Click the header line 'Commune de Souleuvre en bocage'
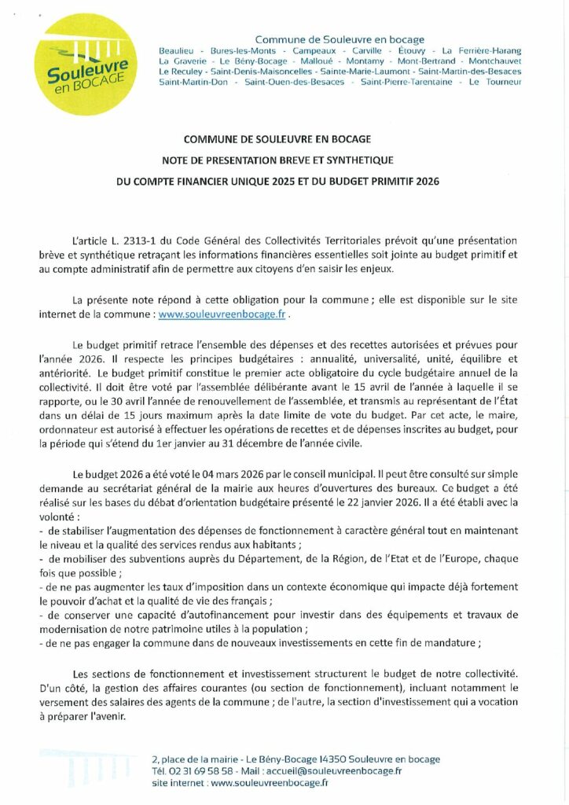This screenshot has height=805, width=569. coord(340,39)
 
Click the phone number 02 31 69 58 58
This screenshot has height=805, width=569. coord(200,771)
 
